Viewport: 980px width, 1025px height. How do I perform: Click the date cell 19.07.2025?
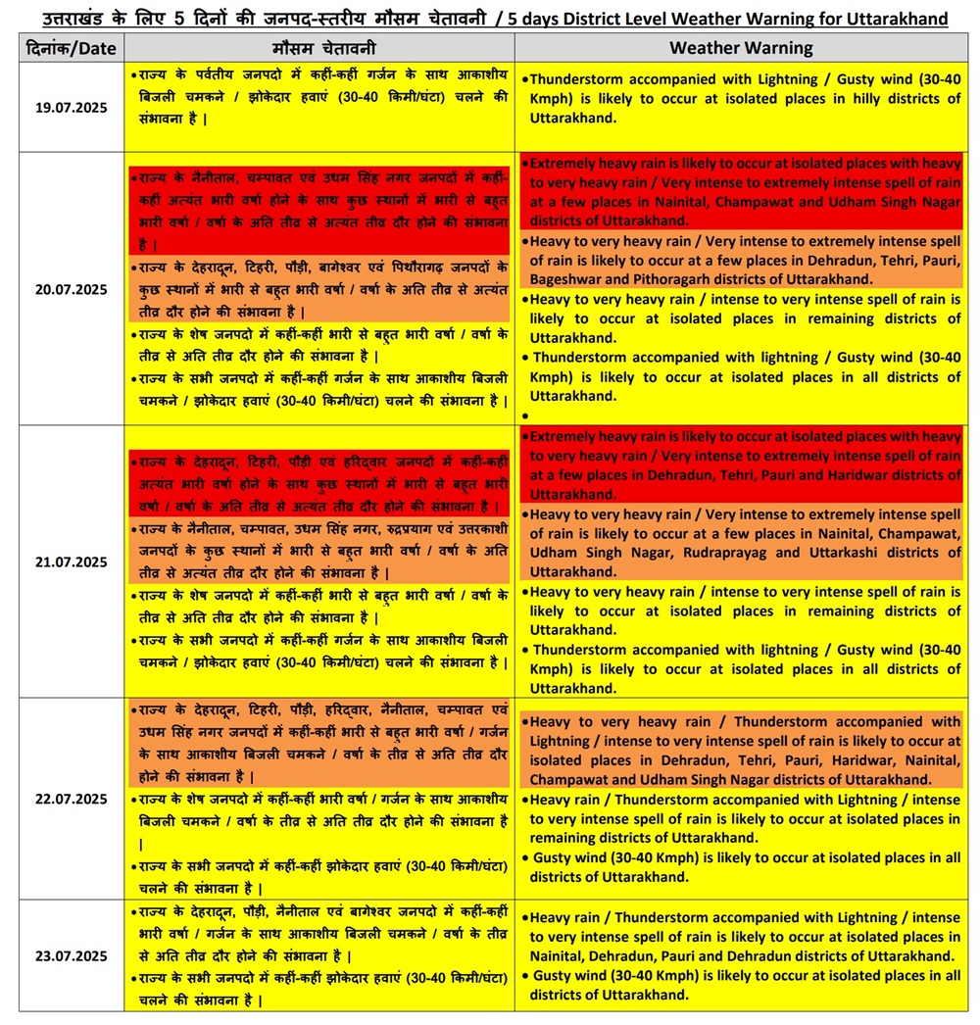click(x=71, y=108)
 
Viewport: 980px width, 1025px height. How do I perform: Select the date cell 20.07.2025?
click(x=71, y=289)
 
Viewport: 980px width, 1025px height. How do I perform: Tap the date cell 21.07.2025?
click(x=71, y=561)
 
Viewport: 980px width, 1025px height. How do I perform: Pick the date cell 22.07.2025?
click(x=71, y=799)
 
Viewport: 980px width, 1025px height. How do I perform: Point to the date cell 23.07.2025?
click(x=71, y=955)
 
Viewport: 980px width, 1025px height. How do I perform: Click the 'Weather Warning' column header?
click(x=741, y=47)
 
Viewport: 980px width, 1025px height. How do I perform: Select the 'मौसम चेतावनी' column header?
click(x=318, y=47)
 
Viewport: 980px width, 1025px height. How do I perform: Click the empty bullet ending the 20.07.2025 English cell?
click(x=526, y=415)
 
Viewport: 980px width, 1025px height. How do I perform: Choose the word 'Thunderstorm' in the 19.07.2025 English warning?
click(x=580, y=79)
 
